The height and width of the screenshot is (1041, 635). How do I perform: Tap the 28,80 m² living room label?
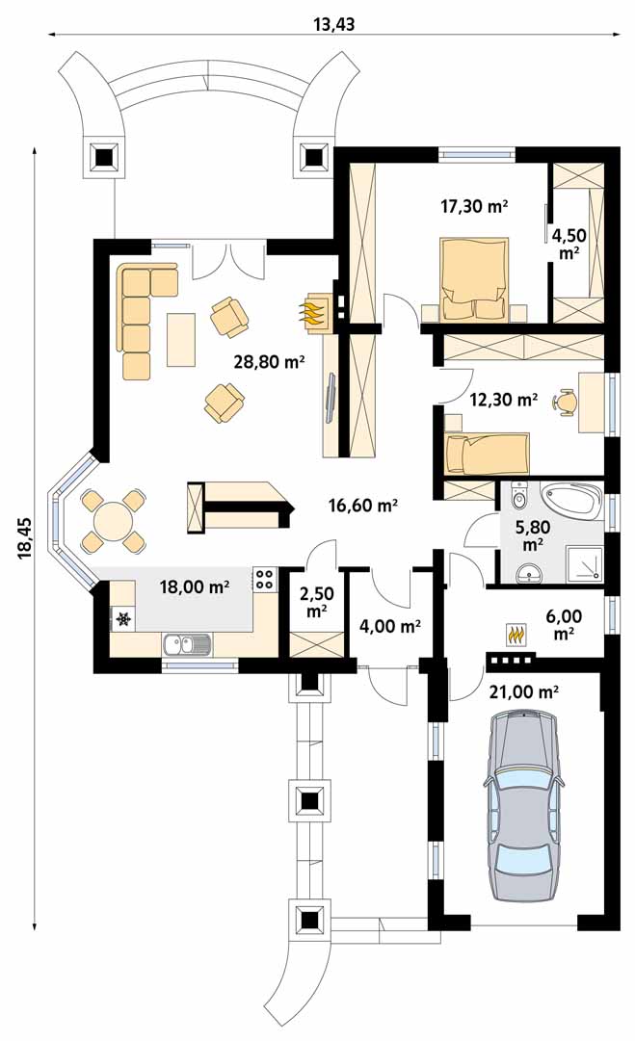[269, 362]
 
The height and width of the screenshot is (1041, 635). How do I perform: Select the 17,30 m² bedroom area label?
[474, 206]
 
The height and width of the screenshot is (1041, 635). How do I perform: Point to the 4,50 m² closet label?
[568, 244]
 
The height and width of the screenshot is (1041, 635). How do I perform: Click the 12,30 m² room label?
[504, 400]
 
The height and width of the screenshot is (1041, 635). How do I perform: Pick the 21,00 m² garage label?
[523, 692]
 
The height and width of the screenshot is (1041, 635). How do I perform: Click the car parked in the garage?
[523, 807]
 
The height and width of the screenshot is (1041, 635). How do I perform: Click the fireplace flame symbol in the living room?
[314, 310]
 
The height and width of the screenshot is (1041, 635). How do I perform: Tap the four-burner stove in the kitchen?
[264, 579]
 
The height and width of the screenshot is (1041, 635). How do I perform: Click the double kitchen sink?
[188, 643]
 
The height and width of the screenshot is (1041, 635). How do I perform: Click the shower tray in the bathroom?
[584, 561]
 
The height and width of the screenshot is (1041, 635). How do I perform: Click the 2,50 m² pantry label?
[316, 603]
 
